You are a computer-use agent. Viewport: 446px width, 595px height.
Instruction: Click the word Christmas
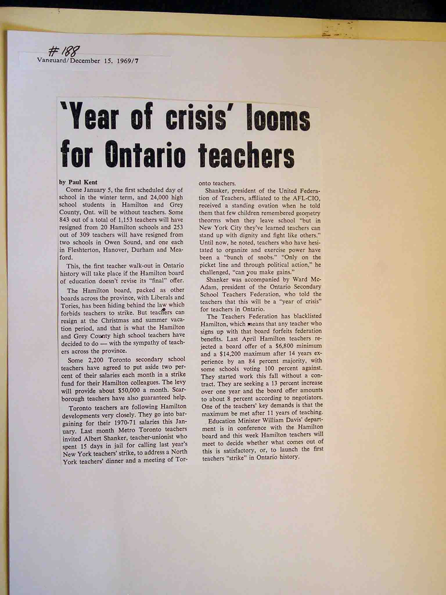pyautogui.click(x=116, y=320)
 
